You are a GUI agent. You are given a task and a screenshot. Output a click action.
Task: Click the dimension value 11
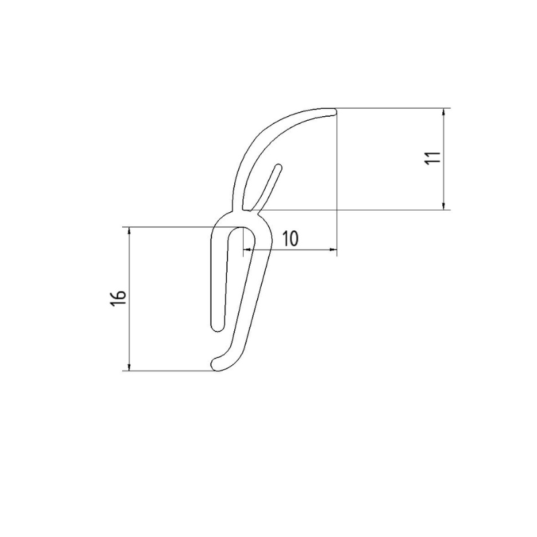click(433, 158)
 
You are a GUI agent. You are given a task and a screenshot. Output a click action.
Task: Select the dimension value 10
click(290, 238)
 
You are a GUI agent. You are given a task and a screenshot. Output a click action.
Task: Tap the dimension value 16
click(117, 299)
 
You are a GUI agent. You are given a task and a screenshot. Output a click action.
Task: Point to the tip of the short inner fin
click(278, 166)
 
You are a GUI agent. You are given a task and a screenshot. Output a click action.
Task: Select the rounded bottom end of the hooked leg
click(217, 364)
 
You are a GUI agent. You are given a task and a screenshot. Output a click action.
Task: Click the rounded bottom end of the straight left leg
click(217, 327)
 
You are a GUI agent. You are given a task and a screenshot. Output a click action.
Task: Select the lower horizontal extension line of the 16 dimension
click(168, 371)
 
